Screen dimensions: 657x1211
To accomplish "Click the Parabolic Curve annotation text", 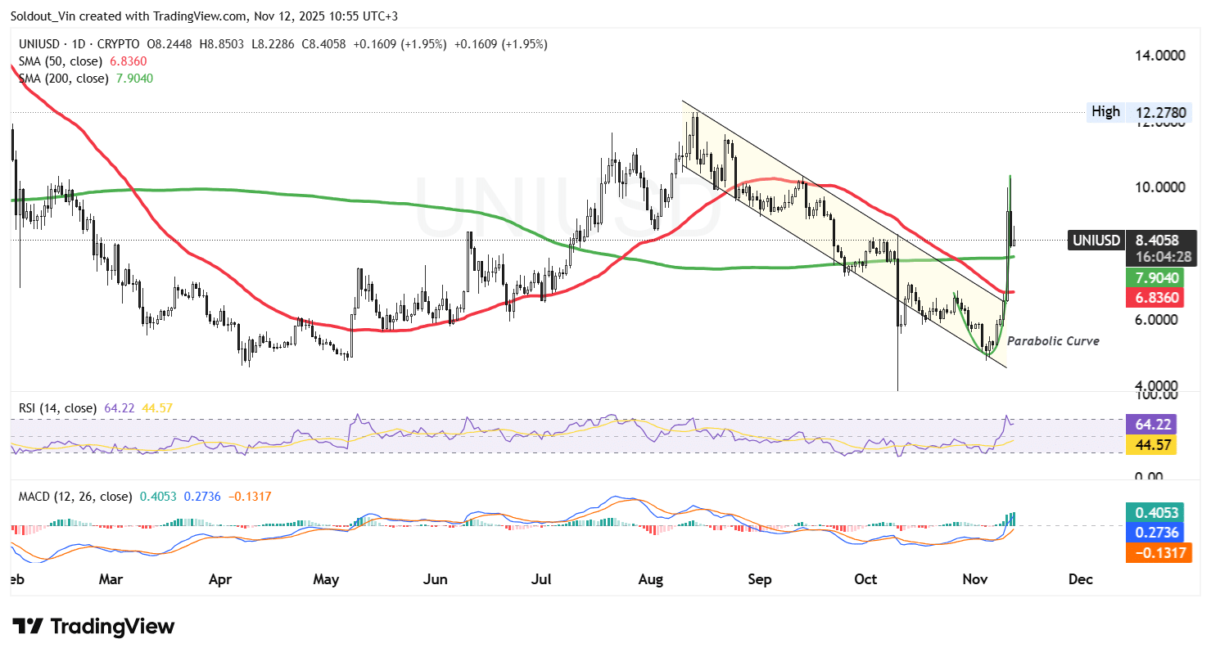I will [x=1053, y=341].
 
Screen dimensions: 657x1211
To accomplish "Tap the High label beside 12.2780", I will [x=1105, y=111].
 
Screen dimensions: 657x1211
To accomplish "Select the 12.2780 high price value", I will [x=1159, y=112].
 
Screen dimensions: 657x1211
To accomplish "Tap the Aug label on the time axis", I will [x=650, y=579].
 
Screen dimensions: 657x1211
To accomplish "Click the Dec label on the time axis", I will [x=1081, y=579].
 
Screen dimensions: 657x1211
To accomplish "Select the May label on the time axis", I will [x=326, y=579].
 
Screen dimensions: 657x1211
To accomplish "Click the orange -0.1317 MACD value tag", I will [x=1156, y=553].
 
